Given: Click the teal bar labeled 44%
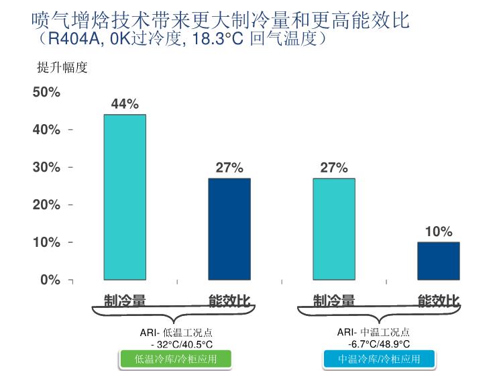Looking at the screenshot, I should [x=125, y=197].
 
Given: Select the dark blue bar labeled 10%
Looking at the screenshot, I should [x=439, y=260].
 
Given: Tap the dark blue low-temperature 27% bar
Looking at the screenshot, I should [x=229, y=229].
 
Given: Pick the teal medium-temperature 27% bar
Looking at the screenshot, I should [x=334, y=229].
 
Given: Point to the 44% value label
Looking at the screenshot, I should [x=125, y=104].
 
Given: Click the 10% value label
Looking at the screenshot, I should [x=439, y=231].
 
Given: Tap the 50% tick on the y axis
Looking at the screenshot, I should [x=46, y=92].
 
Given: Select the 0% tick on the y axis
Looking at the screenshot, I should [x=50, y=280].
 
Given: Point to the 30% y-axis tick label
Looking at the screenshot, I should [x=46, y=167].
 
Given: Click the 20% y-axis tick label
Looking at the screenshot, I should [x=46, y=205].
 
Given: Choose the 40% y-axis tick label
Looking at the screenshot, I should [x=46, y=129].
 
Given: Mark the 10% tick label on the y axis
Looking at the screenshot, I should [x=46, y=242].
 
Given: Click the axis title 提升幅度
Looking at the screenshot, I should [x=62, y=68].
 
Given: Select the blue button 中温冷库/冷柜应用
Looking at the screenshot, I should [x=379, y=359].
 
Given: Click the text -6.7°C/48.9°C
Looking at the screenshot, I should [x=379, y=343].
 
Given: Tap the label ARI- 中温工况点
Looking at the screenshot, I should [x=374, y=332].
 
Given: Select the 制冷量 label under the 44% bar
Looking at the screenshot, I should [x=125, y=301].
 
